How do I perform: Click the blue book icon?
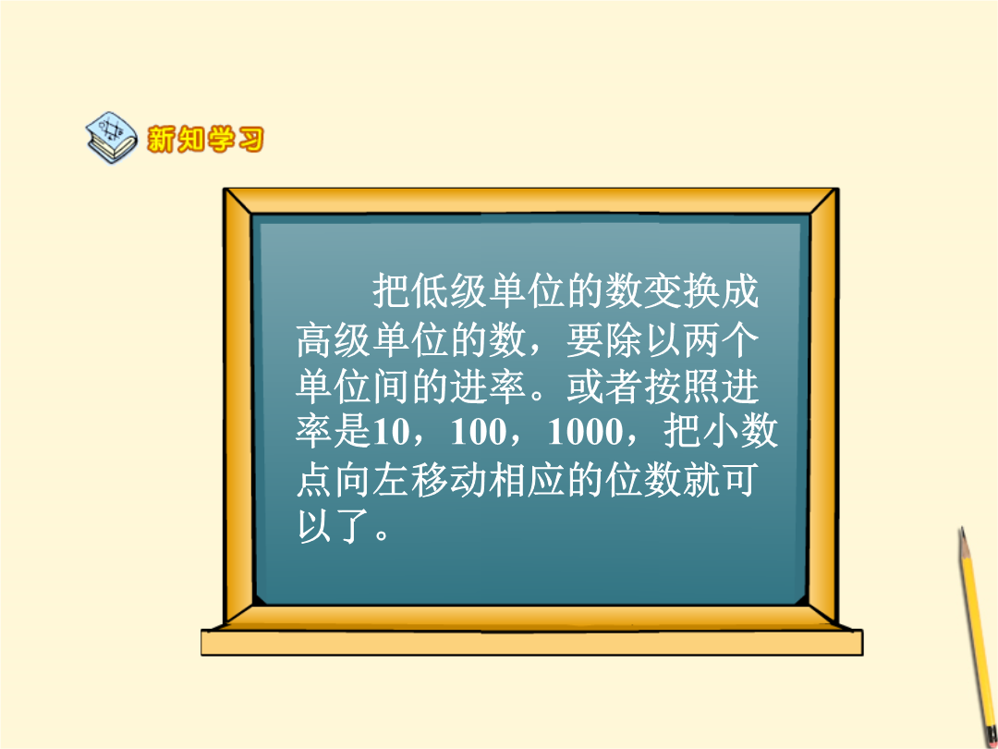[x=112, y=137]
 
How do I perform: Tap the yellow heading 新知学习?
[x=205, y=139]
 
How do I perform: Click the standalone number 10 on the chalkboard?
[x=391, y=432]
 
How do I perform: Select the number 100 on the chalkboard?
[x=478, y=432]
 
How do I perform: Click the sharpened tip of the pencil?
[x=962, y=530]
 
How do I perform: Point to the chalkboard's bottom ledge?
[x=532, y=642]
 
